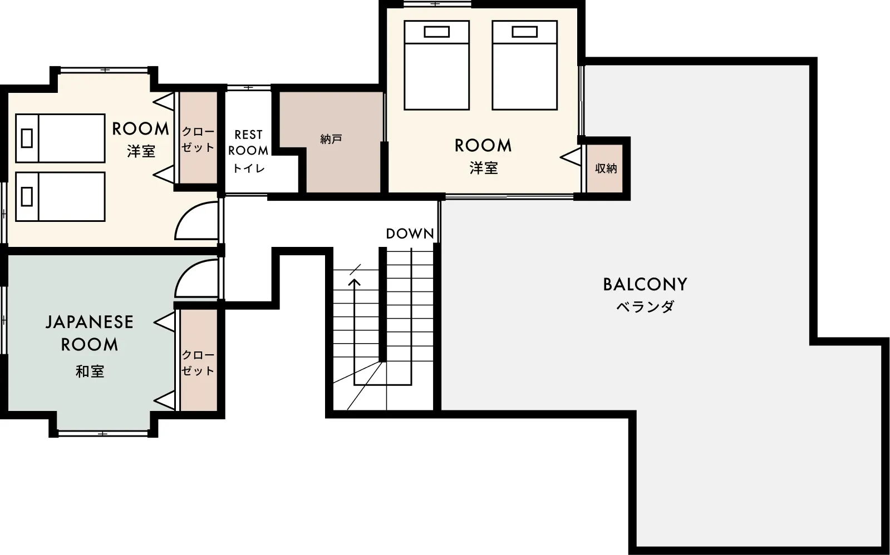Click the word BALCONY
click(x=645, y=284)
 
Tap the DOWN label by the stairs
click(x=410, y=234)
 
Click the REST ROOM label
click(x=248, y=142)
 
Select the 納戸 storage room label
click(x=331, y=139)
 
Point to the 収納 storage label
click(x=606, y=169)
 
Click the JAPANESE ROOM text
click(x=90, y=333)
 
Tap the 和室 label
click(x=90, y=371)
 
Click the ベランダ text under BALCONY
click(x=645, y=306)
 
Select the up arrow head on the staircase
click(x=355, y=283)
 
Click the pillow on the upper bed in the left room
click(x=27, y=138)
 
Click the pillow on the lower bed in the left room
click(x=27, y=196)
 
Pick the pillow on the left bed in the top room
click(x=437, y=32)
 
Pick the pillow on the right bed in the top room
click(x=524, y=32)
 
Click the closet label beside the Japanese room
click(x=198, y=363)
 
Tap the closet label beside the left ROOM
click(x=198, y=140)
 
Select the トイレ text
click(x=249, y=169)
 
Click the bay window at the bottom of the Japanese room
click(x=104, y=433)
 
